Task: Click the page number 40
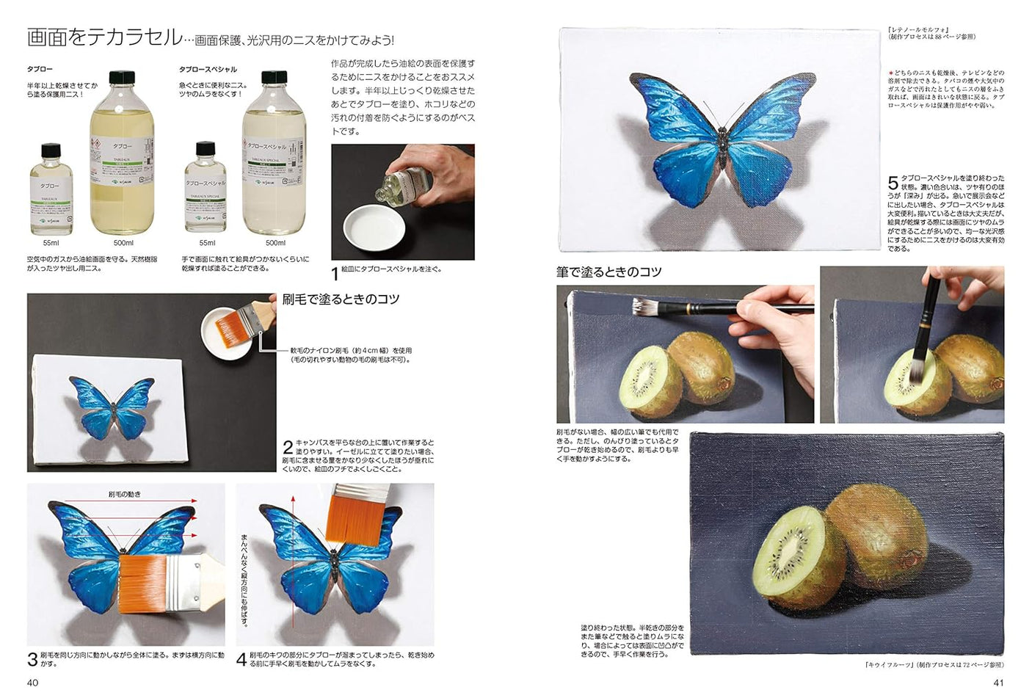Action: click(32, 683)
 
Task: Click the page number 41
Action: click(998, 683)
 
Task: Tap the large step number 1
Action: click(335, 274)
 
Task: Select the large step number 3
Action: click(32, 659)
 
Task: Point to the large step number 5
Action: click(893, 183)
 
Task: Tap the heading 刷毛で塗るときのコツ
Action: click(341, 299)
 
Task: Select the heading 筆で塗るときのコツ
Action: click(608, 272)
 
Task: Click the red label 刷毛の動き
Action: click(124, 494)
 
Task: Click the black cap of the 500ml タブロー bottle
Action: click(122, 77)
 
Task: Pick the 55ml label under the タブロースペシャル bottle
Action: click(207, 243)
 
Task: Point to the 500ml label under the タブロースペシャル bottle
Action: click(275, 243)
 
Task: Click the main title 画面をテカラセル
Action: click(104, 37)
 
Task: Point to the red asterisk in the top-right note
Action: click(890, 73)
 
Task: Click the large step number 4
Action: click(241, 659)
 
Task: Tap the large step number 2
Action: click(288, 447)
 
